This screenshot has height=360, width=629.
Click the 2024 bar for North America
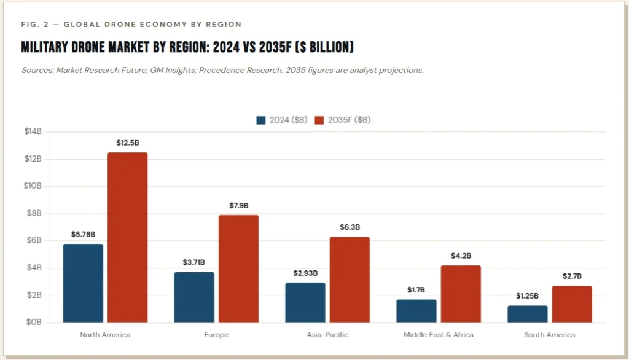click(83, 283)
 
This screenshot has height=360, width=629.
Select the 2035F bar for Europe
click(238, 268)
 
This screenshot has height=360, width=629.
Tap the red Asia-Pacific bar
click(350, 280)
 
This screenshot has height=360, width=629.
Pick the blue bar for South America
click(528, 313)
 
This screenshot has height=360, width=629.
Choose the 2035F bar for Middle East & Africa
click(461, 294)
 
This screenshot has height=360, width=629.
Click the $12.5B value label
click(128, 143)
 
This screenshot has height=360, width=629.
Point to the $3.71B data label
click(194, 262)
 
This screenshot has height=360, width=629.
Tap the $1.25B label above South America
click(528, 295)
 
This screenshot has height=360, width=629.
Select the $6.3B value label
click(350, 227)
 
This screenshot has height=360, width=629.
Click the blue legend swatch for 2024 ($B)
click(261, 120)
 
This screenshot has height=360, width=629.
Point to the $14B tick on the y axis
click(33, 131)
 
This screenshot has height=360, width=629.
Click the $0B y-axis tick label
click(33, 323)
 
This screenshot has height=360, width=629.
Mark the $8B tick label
click(33, 213)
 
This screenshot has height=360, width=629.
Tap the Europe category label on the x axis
click(216, 335)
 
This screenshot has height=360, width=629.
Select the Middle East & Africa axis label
click(439, 335)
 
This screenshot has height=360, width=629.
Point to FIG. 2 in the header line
click(34, 25)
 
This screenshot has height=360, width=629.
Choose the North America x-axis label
click(105, 335)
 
